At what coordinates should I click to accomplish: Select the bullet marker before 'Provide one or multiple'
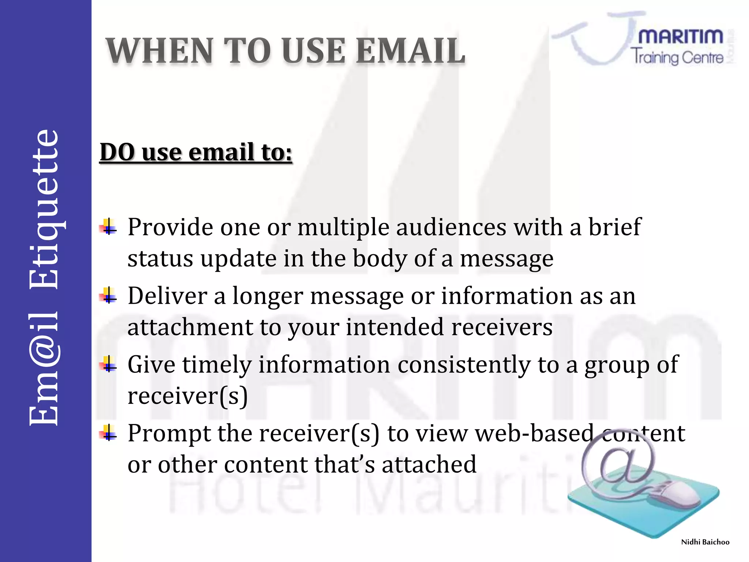pos(109,227)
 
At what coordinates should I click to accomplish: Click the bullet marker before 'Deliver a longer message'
pos(109,296)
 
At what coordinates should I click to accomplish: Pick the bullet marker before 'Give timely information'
pos(109,364)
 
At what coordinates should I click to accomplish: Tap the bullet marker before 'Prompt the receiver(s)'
pos(109,433)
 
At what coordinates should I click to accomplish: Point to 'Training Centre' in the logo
pos(677,57)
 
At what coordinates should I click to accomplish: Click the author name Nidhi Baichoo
pos(705,542)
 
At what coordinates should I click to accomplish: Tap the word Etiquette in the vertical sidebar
pos(44,209)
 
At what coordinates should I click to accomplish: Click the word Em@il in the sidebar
pos(44,370)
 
